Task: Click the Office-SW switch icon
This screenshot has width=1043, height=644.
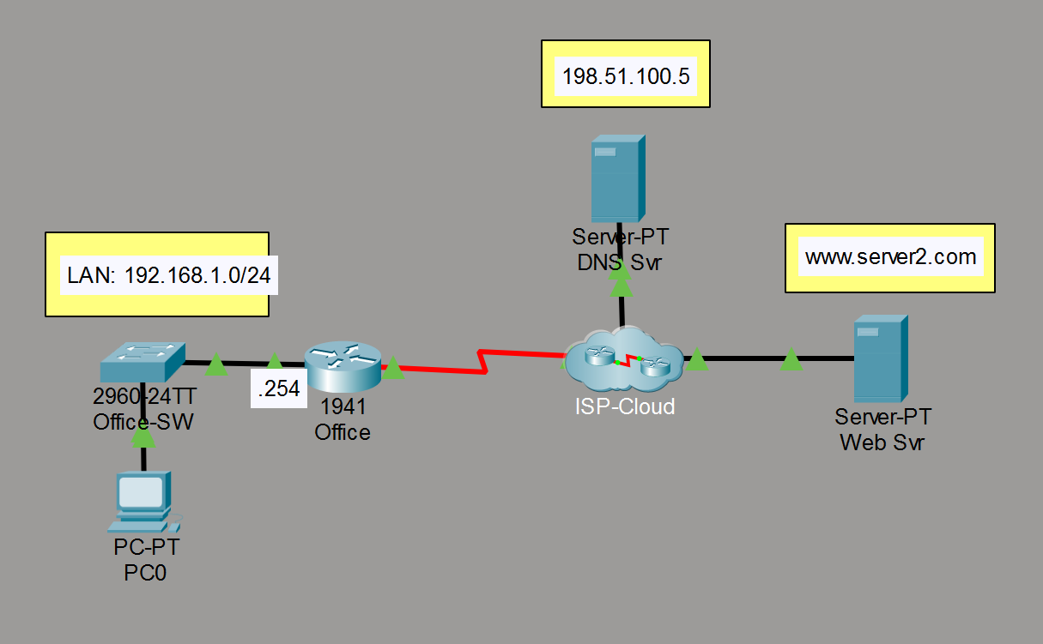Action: (x=143, y=362)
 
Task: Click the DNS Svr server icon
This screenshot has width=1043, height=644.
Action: (x=617, y=178)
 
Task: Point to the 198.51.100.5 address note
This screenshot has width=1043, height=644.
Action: (x=625, y=76)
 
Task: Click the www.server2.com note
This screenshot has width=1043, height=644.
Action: (x=889, y=256)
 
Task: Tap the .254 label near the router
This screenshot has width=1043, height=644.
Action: (x=279, y=389)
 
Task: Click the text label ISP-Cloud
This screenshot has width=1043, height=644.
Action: (x=625, y=406)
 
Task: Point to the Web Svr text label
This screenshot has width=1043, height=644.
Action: (x=882, y=443)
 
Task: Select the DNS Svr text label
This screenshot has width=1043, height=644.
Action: (x=620, y=262)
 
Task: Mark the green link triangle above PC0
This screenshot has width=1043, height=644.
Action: (x=143, y=438)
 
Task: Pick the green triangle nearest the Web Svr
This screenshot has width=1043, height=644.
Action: (x=791, y=361)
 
